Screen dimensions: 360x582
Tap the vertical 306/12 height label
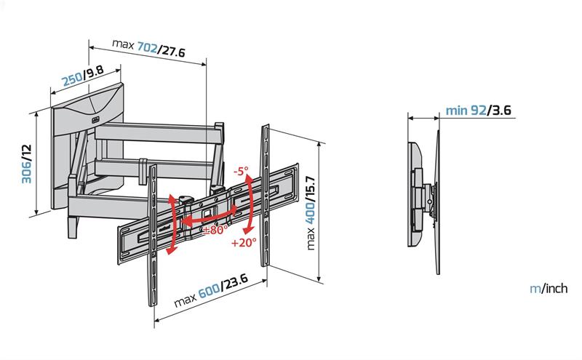[26, 164]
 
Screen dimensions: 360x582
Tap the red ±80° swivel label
[216, 230]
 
